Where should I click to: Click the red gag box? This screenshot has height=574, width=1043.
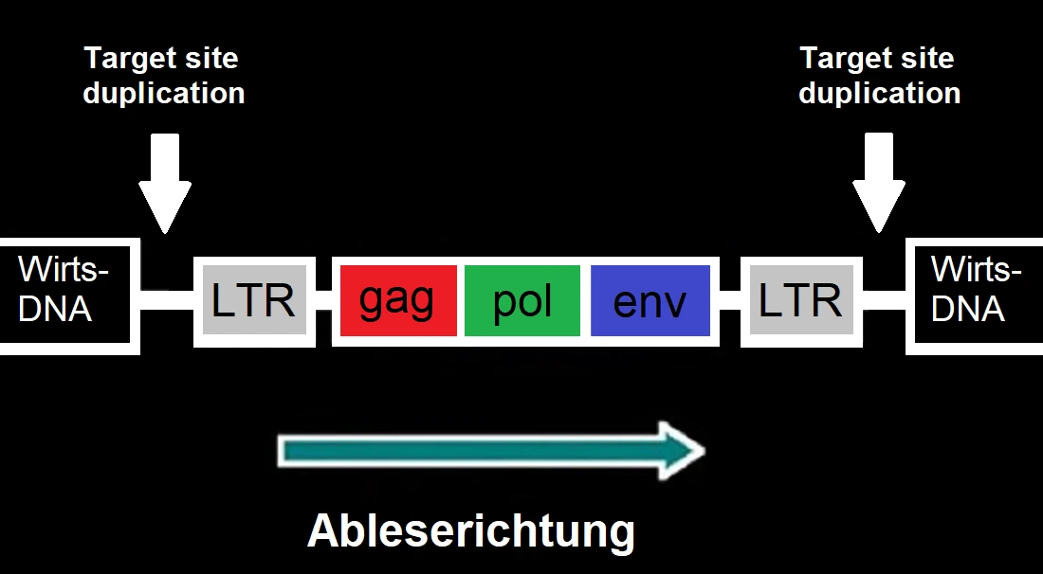coord(397,300)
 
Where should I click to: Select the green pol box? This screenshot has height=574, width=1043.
coord(522,300)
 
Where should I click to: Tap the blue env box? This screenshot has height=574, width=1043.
coord(650,300)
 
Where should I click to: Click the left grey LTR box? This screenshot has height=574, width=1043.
coord(254,300)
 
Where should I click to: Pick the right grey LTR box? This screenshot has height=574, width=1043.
coord(800,300)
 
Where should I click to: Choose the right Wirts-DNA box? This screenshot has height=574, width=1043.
coord(976,295)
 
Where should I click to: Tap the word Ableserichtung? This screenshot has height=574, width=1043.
coord(470,531)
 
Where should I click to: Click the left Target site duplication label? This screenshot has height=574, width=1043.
coord(163,76)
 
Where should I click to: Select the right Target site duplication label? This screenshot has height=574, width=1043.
coord(879,76)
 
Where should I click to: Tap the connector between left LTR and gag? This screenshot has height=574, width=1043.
coord(323,300)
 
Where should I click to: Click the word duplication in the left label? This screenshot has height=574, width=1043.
coord(163,94)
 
